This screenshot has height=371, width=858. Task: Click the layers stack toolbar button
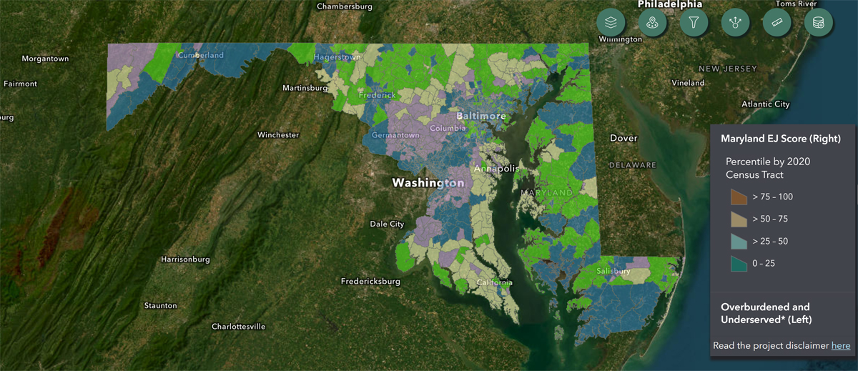point(611,23)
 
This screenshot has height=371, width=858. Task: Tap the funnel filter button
point(694,23)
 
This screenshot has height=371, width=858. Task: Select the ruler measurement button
point(776,23)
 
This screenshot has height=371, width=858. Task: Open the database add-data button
point(818,23)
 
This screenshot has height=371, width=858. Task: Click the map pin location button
point(652,23)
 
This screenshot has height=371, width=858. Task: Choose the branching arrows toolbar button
point(735,23)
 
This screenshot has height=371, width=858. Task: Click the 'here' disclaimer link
point(841,346)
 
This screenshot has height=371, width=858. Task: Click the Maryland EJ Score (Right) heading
point(780,138)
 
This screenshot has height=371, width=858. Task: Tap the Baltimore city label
point(481,116)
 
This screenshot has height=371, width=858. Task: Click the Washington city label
point(428,183)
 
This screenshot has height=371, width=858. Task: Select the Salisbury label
point(613,272)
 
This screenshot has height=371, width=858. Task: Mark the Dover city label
point(623,137)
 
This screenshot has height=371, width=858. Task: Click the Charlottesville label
point(238,327)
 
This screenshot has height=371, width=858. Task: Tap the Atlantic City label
point(766,104)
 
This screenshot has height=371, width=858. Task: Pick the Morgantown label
point(45,58)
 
